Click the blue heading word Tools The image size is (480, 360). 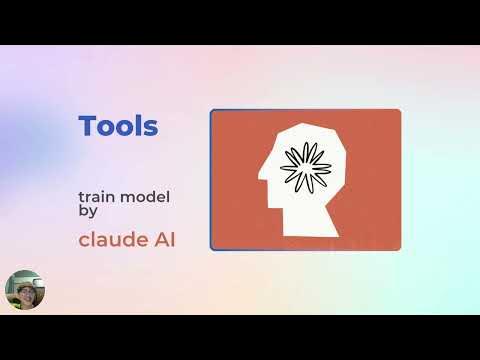pos(118,127)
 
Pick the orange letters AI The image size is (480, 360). pos(162,240)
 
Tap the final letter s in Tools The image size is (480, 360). pos(151,129)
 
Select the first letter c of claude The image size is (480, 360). pos(84,241)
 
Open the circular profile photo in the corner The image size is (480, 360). pos(24,290)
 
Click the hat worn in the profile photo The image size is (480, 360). pos(24,278)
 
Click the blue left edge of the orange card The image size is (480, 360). pos(211,180)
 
